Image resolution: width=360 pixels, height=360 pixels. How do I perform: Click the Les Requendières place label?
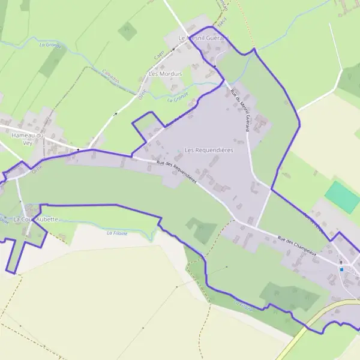[209, 150]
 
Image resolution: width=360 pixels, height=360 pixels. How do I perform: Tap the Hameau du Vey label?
[28, 139]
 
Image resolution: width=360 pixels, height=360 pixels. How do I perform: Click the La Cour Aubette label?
[35, 219]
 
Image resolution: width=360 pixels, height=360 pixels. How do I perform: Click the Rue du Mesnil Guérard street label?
[239, 110]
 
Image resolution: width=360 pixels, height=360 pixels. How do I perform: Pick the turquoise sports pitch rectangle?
[343, 196]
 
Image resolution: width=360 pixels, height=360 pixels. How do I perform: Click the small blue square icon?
[341, 269]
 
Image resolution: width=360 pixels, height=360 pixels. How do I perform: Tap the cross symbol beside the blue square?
[341, 262]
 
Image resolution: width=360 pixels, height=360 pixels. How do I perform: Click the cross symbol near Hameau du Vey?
[78, 149]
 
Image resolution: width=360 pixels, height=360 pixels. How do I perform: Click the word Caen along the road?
[159, 55]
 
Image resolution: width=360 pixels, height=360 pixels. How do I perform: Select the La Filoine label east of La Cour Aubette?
[118, 232]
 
